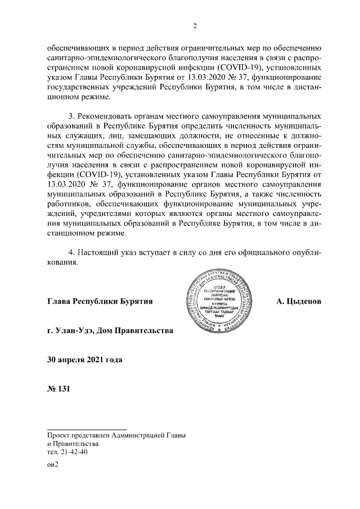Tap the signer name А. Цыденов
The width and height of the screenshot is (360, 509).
299,301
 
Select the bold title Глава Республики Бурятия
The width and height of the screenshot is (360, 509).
101,301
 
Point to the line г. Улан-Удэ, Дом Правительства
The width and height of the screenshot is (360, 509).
111,330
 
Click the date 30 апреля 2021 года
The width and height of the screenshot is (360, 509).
85,358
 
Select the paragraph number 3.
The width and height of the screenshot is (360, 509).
71,115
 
